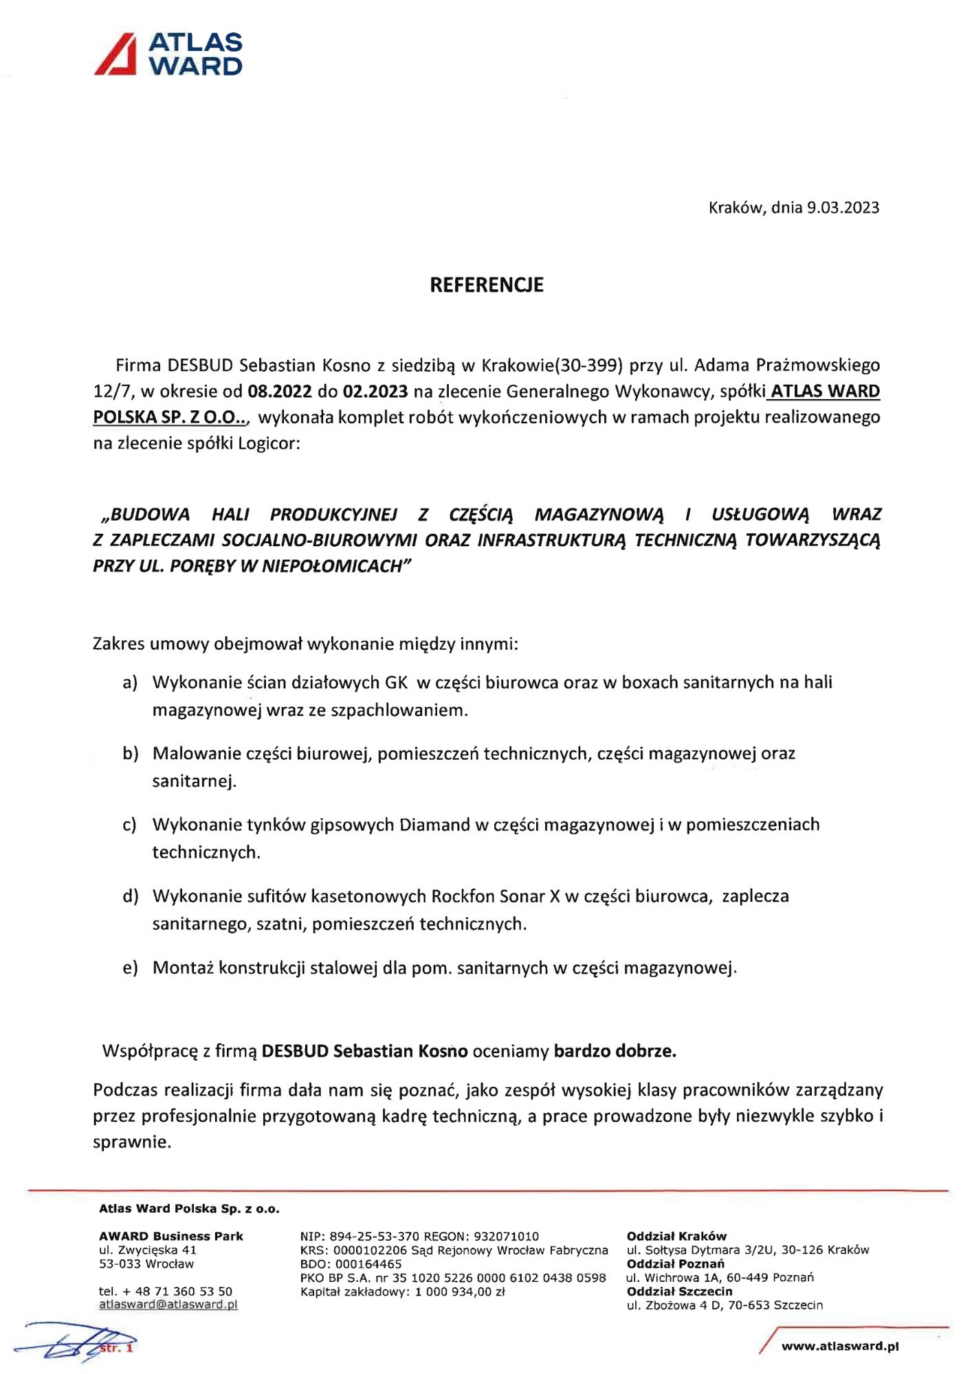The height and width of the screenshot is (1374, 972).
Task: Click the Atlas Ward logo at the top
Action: click(168, 54)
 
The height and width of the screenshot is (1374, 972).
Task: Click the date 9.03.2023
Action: click(843, 207)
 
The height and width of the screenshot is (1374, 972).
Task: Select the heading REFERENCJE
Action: click(486, 285)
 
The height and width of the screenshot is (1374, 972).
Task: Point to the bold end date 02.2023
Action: click(375, 392)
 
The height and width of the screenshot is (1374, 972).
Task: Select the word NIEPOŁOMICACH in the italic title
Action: click(335, 566)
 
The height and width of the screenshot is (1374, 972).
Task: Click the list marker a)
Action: click(130, 683)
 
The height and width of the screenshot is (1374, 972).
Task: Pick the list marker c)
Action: click(130, 824)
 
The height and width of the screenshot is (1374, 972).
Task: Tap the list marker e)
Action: click(130, 968)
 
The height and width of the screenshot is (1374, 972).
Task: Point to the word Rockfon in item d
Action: click(463, 896)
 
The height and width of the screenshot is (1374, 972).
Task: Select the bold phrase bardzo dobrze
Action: click(615, 1051)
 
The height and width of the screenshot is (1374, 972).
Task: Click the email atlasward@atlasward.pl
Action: click(168, 1305)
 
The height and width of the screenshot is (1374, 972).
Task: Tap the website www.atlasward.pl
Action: click(840, 1346)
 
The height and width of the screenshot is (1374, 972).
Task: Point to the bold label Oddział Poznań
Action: click(675, 1264)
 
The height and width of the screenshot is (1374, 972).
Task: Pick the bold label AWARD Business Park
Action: click(171, 1237)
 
